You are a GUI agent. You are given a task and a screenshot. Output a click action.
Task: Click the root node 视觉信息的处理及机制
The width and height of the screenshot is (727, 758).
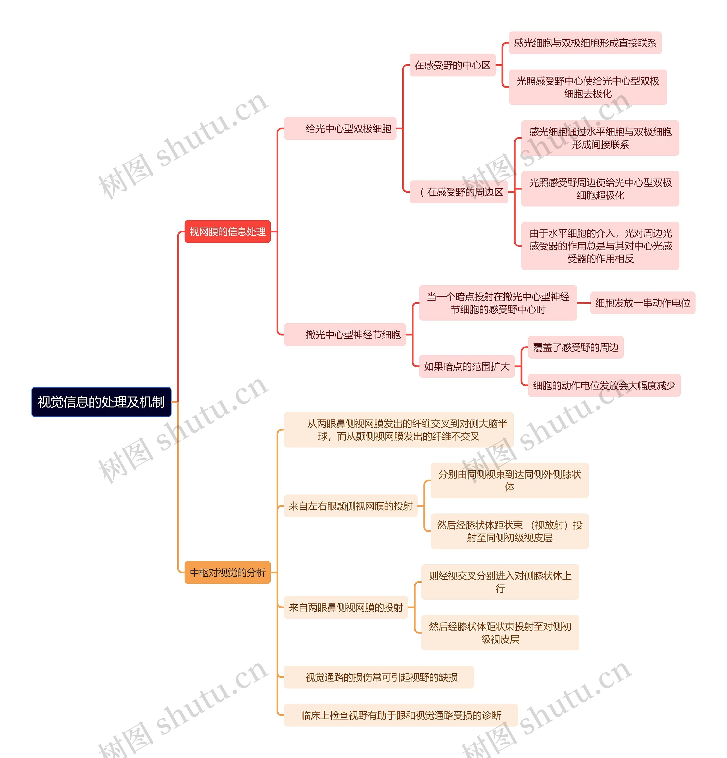[x=101, y=402]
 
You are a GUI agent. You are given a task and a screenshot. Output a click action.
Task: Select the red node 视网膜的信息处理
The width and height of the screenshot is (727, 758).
[x=228, y=231]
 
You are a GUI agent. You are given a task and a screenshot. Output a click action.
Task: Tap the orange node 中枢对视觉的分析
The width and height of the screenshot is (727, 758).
[x=228, y=572]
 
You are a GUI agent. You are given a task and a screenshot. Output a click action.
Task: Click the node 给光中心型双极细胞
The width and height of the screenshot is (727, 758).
[x=340, y=128]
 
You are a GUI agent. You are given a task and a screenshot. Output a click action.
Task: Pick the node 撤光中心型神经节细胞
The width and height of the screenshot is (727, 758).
[x=345, y=334]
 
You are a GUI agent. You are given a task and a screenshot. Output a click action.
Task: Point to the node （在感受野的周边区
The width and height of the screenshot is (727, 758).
[x=459, y=192]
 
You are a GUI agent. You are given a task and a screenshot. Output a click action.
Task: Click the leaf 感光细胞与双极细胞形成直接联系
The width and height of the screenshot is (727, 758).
[x=585, y=43]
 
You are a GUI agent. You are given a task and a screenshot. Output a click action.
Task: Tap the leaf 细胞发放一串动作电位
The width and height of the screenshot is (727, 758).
[x=643, y=303]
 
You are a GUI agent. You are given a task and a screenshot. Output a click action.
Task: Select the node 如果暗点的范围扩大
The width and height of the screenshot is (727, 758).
[x=467, y=366]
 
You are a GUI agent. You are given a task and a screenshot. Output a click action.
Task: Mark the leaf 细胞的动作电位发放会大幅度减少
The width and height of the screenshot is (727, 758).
[x=604, y=385]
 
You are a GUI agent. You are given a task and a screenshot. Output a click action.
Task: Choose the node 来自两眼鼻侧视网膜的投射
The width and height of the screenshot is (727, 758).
[x=346, y=607]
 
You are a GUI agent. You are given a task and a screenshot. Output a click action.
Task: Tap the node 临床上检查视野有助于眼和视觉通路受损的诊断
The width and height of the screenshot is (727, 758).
[x=401, y=715]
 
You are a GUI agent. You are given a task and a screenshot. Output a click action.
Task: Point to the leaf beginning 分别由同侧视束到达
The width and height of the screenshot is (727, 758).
[x=510, y=480]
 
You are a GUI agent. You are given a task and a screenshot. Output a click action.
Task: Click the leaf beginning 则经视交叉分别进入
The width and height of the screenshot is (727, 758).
[x=500, y=582]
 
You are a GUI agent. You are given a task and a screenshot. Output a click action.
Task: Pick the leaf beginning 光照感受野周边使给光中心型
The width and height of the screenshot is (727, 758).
[x=600, y=189]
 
